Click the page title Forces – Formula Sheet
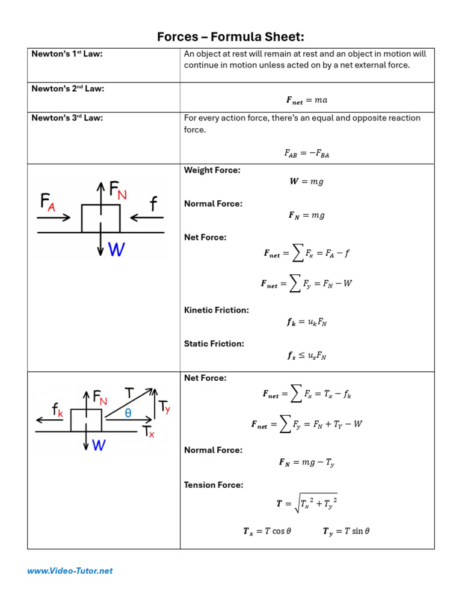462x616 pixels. [230, 37]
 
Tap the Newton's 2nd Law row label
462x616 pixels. [67, 89]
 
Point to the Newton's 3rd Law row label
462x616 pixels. [67, 118]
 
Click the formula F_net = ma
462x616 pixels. [307, 100]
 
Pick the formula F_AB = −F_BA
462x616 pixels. [307, 153]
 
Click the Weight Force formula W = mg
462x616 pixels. [307, 182]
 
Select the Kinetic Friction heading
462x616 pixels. [216, 310]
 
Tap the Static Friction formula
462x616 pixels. [307, 356]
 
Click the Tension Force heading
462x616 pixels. [214, 485]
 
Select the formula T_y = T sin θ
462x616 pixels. [346, 531]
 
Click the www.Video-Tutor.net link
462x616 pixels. [70, 571]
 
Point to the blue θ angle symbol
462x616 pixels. [128, 413]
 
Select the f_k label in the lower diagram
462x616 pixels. [58, 410]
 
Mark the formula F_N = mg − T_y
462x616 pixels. [307, 463]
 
